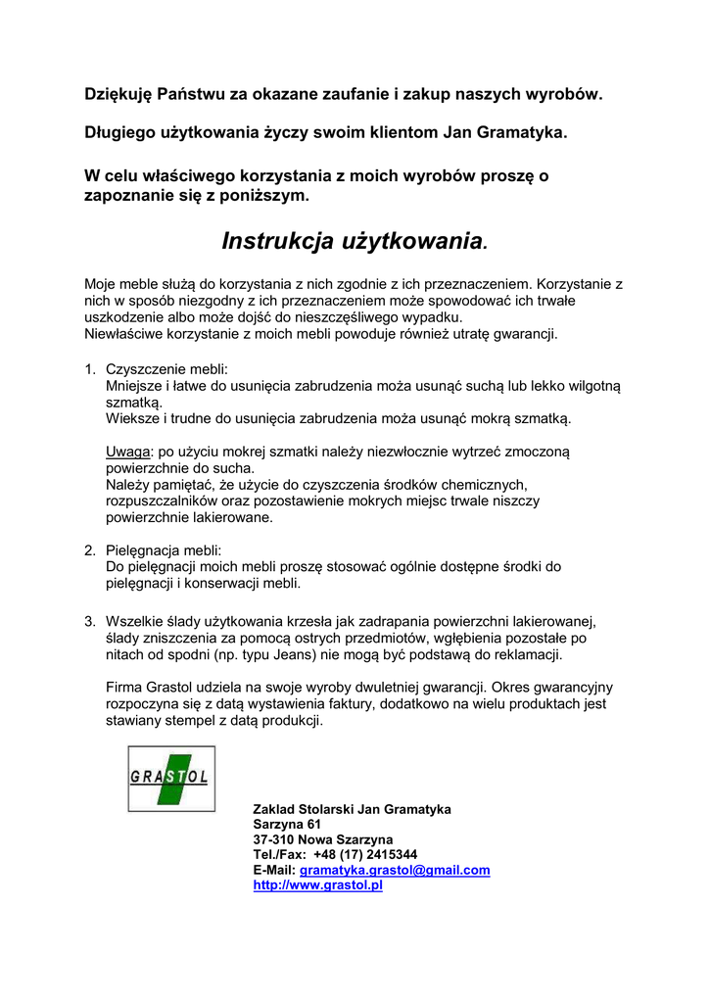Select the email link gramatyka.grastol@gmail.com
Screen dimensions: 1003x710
coord(394,870)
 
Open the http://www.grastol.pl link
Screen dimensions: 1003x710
coord(317,885)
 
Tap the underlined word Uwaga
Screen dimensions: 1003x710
coord(127,452)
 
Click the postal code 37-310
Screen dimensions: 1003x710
coord(273,840)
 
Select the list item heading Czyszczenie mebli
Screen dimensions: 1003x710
coord(166,369)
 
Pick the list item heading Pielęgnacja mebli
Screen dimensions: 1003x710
coord(164,550)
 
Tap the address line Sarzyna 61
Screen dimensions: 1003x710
coord(287,825)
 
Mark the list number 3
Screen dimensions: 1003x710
coord(89,621)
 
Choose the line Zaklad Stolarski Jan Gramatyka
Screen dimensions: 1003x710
coord(352,809)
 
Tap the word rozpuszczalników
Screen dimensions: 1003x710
coord(167,501)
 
